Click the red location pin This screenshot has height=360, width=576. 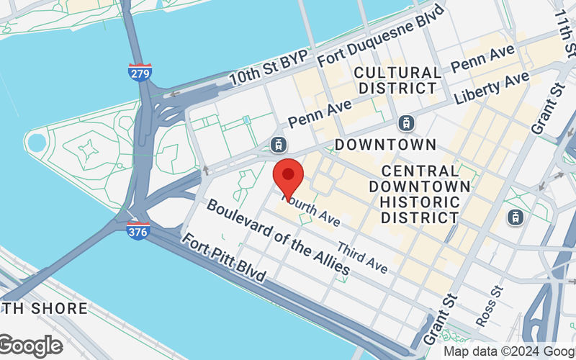[288, 176]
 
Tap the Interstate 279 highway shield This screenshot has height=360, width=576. [140, 73]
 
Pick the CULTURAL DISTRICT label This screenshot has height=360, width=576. [398, 80]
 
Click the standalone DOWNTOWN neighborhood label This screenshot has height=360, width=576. [385, 144]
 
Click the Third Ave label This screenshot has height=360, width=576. [362, 258]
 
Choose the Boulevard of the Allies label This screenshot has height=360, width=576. [278, 238]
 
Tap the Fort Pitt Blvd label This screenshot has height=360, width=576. [223, 258]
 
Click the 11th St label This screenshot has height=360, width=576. [564, 32]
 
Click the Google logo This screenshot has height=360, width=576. [30, 346]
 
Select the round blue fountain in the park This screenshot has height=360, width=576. [36, 141]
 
